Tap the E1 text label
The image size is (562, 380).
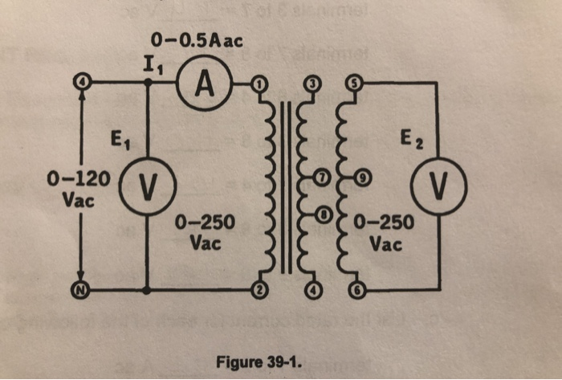coord(120,145)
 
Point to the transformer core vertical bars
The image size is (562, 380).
coord(287,189)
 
